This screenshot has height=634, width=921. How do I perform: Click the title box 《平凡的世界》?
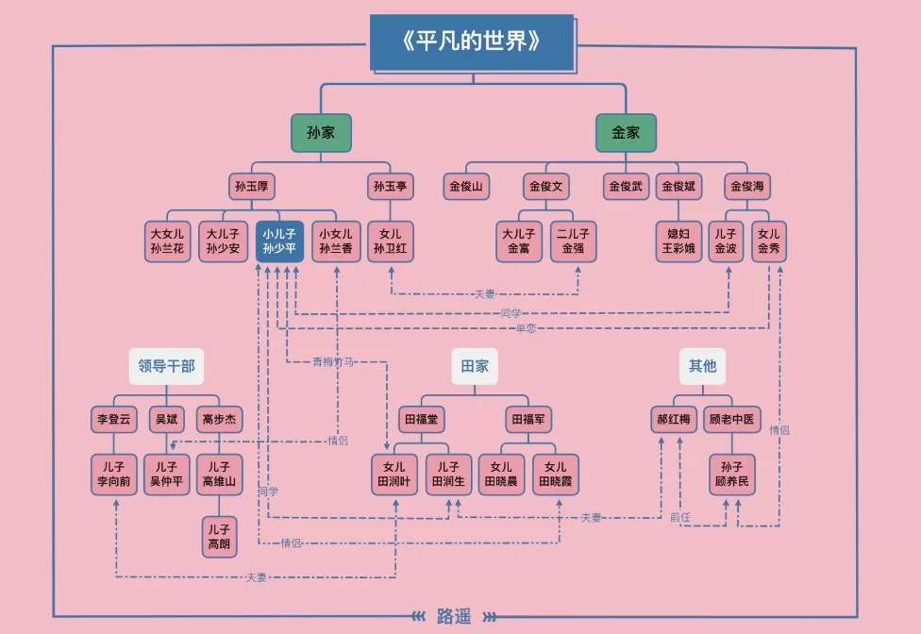click(x=471, y=42)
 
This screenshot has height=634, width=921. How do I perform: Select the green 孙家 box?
click(x=321, y=133)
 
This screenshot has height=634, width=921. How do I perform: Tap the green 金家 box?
click(x=626, y=133)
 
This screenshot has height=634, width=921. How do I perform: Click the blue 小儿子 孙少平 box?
click(x=279, y=242)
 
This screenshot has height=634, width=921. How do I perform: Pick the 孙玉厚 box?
click(x=251, y=187)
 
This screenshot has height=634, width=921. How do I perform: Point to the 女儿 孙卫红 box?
click(x=390, y=242)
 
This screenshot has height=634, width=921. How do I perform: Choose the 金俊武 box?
click(x=627, y=187)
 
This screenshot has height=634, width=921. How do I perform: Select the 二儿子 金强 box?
click(x=574, y=242)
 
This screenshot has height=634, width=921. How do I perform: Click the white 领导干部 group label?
click(x=166, y=366)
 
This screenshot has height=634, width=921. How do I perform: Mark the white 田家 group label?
click(x=475, y=366)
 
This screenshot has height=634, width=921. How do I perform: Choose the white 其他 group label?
click(x=702, y=366)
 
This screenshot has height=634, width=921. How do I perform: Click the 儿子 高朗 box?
click(x=218, y=536)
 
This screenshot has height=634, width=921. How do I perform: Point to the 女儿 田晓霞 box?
click(x=556, y=475)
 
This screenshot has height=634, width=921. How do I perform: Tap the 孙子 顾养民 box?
click(x=731, y=475)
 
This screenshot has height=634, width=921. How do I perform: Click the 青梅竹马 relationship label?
click(x=335, y=361)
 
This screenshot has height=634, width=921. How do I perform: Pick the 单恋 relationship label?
click(x=526, y=328)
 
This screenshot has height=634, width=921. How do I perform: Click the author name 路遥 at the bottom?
click(x=454, y=616)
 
